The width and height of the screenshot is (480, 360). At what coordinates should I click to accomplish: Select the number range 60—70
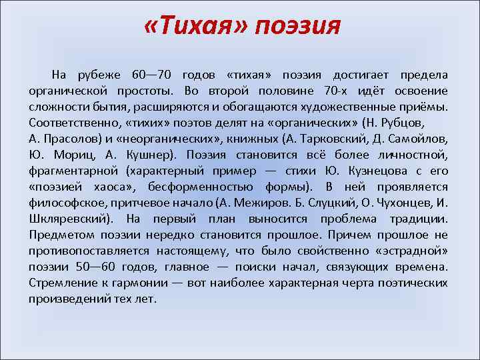151,75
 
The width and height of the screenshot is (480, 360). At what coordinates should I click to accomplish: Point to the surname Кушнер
146,155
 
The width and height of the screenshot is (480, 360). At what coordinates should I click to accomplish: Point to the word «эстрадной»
411,251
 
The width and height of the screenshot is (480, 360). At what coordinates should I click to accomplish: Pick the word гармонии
128,283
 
